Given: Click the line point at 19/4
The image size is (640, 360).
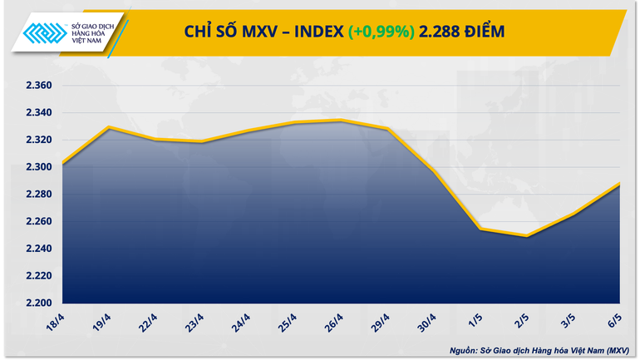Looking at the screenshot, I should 109,127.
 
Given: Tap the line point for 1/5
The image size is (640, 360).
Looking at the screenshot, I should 480,229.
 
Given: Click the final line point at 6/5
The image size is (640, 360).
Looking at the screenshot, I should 619,184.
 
